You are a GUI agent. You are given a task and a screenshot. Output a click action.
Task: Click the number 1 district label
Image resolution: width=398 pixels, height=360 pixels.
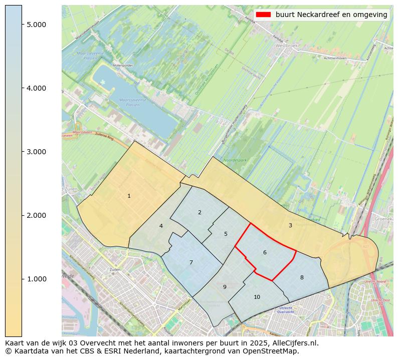coord(129,196)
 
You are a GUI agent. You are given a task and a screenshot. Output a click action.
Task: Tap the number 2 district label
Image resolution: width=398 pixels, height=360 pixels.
coord(200,212)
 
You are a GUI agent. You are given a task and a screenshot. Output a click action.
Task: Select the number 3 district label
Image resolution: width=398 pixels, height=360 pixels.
coord(290,225)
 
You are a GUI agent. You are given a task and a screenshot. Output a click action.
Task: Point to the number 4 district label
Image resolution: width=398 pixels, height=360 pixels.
coord(161,226)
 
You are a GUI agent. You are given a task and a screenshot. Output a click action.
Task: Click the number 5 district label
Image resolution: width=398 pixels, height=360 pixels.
coord(226,234)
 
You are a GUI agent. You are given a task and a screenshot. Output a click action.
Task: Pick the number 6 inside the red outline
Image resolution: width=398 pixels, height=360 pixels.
coord(265,252)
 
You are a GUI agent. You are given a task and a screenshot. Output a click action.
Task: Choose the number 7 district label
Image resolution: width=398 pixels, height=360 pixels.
coord(191,262)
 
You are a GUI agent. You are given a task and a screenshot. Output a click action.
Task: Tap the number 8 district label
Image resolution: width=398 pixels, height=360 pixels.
coord(302,277)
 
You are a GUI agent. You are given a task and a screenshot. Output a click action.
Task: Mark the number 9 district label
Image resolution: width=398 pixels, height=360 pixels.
coord(225,287)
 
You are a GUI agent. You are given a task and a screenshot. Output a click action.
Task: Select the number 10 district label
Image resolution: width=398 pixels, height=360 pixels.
coord(257,297)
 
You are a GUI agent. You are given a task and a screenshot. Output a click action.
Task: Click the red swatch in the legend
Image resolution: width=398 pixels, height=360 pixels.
coord(263,15)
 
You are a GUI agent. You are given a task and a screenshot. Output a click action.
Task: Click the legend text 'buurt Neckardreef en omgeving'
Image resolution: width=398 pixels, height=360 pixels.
coord(331,15)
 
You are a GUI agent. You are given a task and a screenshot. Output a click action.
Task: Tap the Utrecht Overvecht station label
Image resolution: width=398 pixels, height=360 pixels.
coord(285,309)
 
